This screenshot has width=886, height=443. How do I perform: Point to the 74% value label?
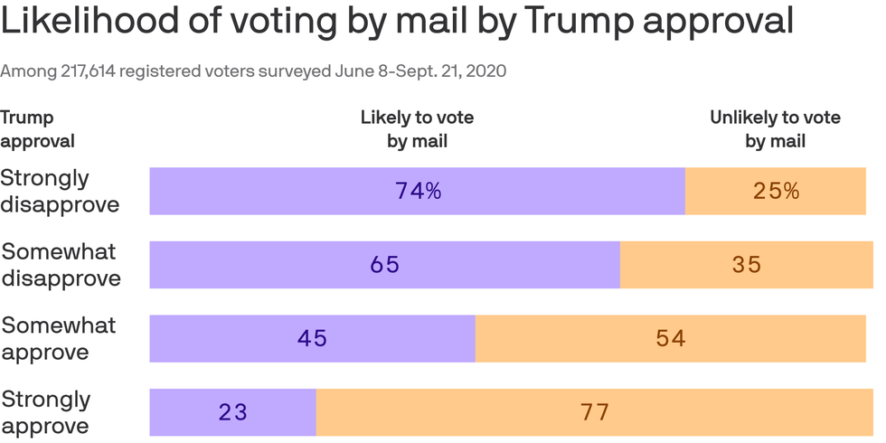click(x=418, y=191)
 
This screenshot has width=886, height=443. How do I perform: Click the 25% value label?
click(x=776, y=191)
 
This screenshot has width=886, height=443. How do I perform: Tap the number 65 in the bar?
click(x=384, y=265)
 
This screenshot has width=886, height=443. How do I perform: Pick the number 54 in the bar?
click(x=670, y=338)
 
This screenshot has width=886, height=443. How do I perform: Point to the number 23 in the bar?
click(x=232, y=412)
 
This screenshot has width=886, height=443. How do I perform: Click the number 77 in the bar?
click(x=594, y=412)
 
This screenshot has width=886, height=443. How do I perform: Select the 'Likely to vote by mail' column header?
click(x=417, y=129)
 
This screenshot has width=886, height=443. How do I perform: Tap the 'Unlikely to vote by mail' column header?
click(x=775, y=129)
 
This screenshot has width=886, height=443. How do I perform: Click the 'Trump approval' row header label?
click(x=38, y=129)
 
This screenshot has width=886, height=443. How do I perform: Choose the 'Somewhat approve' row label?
click(x=58, y=338)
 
